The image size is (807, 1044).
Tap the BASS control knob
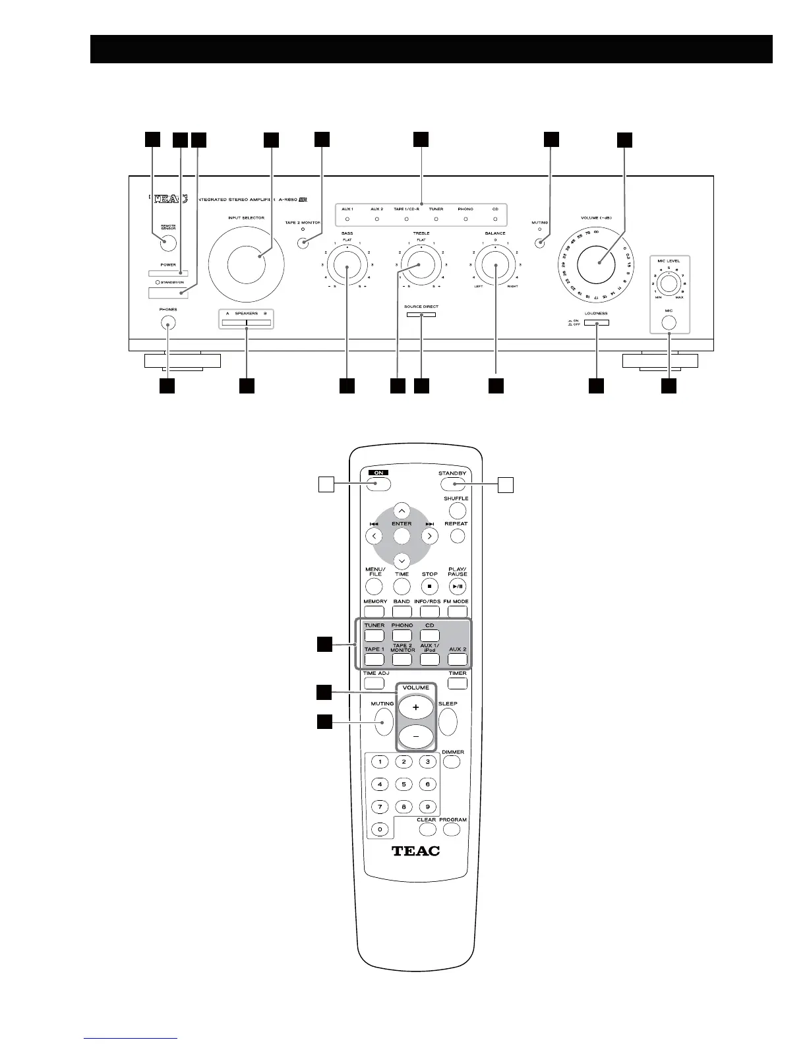[347, 266]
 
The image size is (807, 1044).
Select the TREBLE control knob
[421, 266]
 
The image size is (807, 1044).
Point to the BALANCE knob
[495, 266]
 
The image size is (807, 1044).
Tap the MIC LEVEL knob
[669, 283]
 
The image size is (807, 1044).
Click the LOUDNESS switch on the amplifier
[596, 323]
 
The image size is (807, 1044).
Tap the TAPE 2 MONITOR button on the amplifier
[303, 243]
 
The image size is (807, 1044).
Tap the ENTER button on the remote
[402, 535]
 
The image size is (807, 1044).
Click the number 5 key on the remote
[403, 784]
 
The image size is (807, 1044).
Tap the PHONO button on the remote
[402, 636]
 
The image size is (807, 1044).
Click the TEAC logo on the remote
[415, 850]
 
